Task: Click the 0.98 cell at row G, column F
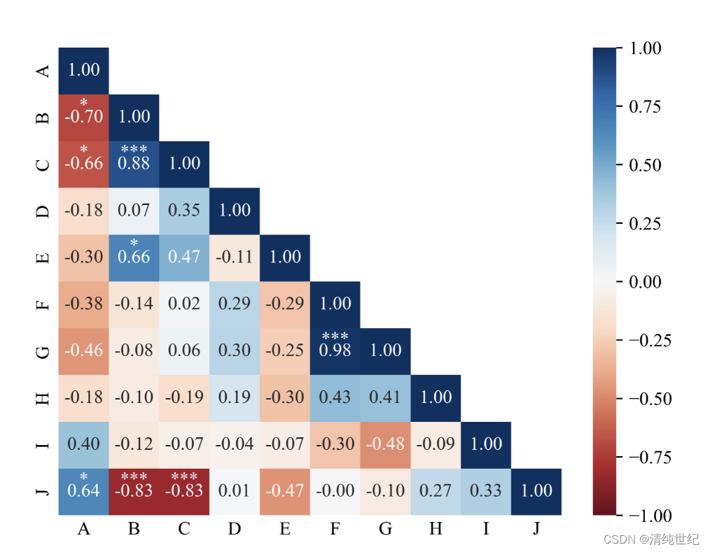(335, 351)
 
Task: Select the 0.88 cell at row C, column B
(134, 164)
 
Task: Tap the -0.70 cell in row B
(83, 117)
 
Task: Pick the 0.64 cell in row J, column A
(83, 490)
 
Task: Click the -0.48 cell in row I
(385, 444)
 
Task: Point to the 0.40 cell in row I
(83, 444)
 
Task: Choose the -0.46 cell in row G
(83, 351)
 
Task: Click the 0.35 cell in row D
(184, 211)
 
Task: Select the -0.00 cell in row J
(335, 490)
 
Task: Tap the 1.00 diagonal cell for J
(536, 490)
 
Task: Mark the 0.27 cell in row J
(436, 490)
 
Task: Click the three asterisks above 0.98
(335, 337)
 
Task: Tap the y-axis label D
(43, 211)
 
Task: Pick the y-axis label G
(43, 351)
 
